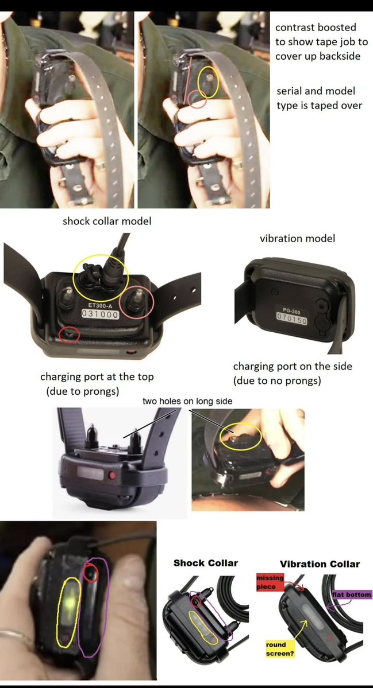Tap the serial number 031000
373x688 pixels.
coord(101,314)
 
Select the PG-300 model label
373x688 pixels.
coord(291,311)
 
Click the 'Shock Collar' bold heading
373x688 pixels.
coord(206,563)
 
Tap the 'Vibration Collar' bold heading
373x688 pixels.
coord(320,564)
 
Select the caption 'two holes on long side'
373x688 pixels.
coord(187,401)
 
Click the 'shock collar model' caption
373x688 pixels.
coord(107,221)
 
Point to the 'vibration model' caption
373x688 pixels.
coord(297,238)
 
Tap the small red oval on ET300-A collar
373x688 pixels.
coord(69,335)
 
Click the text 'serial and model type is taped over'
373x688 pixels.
coord(320,98)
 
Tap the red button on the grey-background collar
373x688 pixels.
coord(113,475)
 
